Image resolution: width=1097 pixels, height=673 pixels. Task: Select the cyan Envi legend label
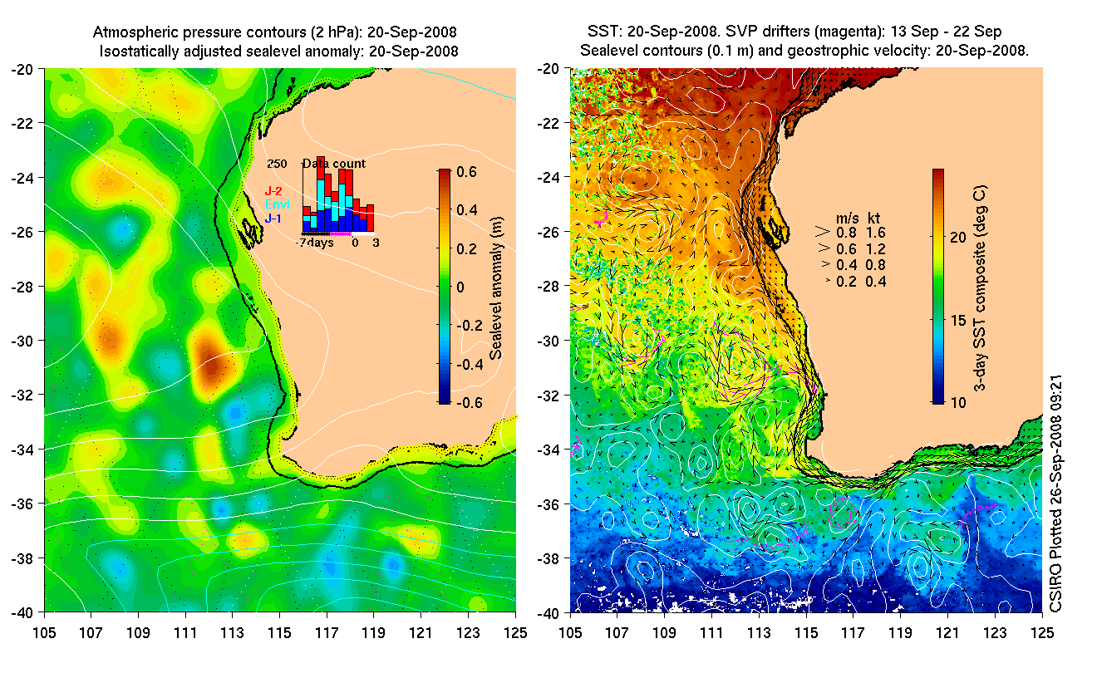coord(276,204)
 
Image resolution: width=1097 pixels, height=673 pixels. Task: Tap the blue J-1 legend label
coord(273,218)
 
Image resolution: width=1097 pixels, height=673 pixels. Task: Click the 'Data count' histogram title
coord(333,164)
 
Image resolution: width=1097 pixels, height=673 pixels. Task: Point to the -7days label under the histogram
coord(316,243)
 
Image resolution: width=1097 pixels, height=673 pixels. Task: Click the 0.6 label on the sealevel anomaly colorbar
coord(467,172)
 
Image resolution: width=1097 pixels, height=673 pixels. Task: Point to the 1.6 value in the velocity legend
coord(875,233)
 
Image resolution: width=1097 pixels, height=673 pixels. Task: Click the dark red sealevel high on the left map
coord(210,364)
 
